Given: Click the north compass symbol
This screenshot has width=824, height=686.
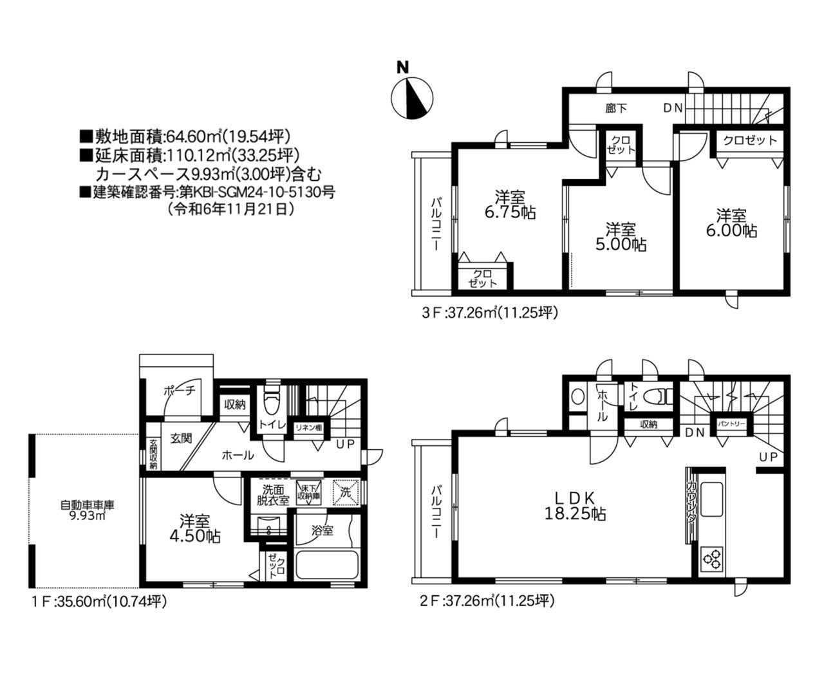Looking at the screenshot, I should click(412, 98).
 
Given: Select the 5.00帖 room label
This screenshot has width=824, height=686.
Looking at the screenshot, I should click(620, 236).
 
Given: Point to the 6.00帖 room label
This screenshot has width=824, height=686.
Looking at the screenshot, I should click(731, 223).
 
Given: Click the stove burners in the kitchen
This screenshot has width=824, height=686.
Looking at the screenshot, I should click(713, 559).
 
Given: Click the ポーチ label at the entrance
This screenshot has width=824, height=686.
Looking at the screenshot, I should click(178, 390).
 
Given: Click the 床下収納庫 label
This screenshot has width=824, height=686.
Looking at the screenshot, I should click(308, 493).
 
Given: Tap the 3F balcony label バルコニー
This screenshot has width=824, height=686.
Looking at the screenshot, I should click(436, 225).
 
